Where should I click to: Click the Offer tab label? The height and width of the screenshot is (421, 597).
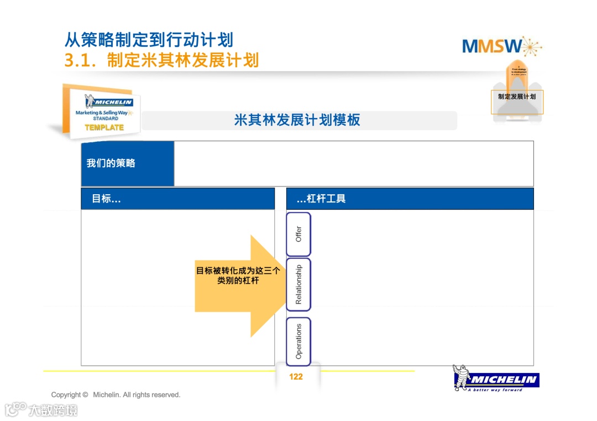[298, 234]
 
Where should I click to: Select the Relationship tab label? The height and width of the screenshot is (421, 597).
[298, 284]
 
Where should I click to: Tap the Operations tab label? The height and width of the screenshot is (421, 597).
[298, 341]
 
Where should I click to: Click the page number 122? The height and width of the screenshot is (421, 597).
[296, 377]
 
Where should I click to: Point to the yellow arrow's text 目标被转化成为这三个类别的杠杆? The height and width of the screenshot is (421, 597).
[238, 276]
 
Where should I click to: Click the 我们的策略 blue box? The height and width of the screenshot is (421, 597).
[128, 163]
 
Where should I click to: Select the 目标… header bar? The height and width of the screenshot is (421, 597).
[177, 199]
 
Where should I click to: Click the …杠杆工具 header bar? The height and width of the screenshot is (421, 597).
[410, 199]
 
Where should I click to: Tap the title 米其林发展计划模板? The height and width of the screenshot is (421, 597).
[297, 120]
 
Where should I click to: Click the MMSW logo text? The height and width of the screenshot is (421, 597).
[491, 46]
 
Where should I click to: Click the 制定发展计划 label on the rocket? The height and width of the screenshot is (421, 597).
[517, 97]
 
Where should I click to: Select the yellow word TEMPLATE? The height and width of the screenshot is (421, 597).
[104, 127]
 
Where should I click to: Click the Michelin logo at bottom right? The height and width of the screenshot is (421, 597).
[503, 380]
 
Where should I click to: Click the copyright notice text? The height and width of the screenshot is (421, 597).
[116, 395]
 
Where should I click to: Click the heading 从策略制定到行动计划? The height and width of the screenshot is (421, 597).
[149, 40]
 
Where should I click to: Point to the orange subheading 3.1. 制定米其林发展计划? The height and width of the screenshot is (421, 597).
[161, 60]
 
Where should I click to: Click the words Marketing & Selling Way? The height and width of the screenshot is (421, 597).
[102, 113]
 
